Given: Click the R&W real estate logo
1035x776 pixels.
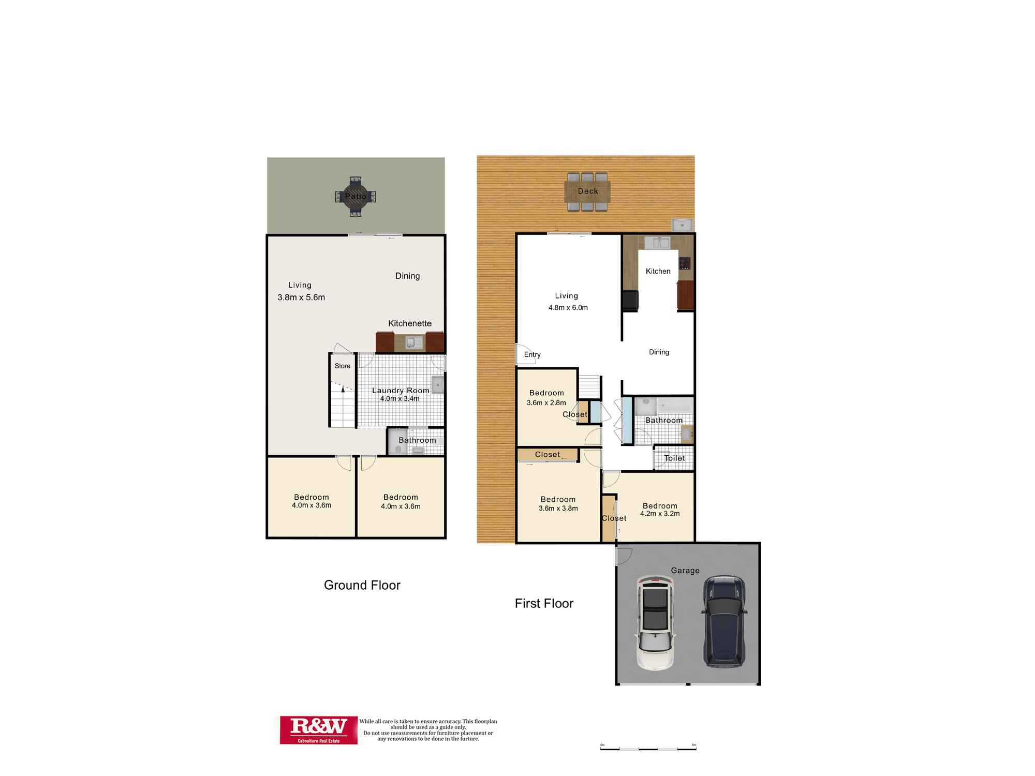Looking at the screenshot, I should (x=318, y=729).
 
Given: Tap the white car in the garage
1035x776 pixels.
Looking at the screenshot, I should (x=655, y=622).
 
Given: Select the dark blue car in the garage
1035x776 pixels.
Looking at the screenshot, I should (x=724, y=621).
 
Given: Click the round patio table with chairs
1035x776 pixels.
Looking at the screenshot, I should (x=356, y=197).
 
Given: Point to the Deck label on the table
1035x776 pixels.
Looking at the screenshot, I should (x=588, y=191).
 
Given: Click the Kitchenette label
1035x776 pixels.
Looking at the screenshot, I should (x=410, y=323).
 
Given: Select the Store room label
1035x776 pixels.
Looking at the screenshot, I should (x=343, y=366).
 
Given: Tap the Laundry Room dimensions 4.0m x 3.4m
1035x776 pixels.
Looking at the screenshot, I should (x=400, y=399).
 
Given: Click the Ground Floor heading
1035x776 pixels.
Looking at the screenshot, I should (x=362, y=585).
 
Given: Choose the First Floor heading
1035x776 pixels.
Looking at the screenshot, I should (x=544, y=603).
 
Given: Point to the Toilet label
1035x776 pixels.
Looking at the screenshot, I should (x=674, y=458).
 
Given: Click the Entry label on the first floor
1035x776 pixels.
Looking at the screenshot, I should (x=532, y=354).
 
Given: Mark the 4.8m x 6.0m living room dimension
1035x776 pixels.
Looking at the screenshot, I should (x=568, y=307).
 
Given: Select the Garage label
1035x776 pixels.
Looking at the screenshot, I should (x=685, y=570).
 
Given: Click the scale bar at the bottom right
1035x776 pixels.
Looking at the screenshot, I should (x=648, y=748).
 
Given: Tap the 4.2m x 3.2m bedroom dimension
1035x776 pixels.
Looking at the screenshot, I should (x=660, y=514).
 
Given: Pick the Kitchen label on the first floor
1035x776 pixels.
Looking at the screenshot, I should (x=658, y=271).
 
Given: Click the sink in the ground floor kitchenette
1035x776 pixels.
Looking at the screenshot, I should (x=410, y=342).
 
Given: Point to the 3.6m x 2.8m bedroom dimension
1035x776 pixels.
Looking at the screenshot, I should (x=546, y=402).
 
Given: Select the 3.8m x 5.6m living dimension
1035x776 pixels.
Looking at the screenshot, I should (x=301, y=297).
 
